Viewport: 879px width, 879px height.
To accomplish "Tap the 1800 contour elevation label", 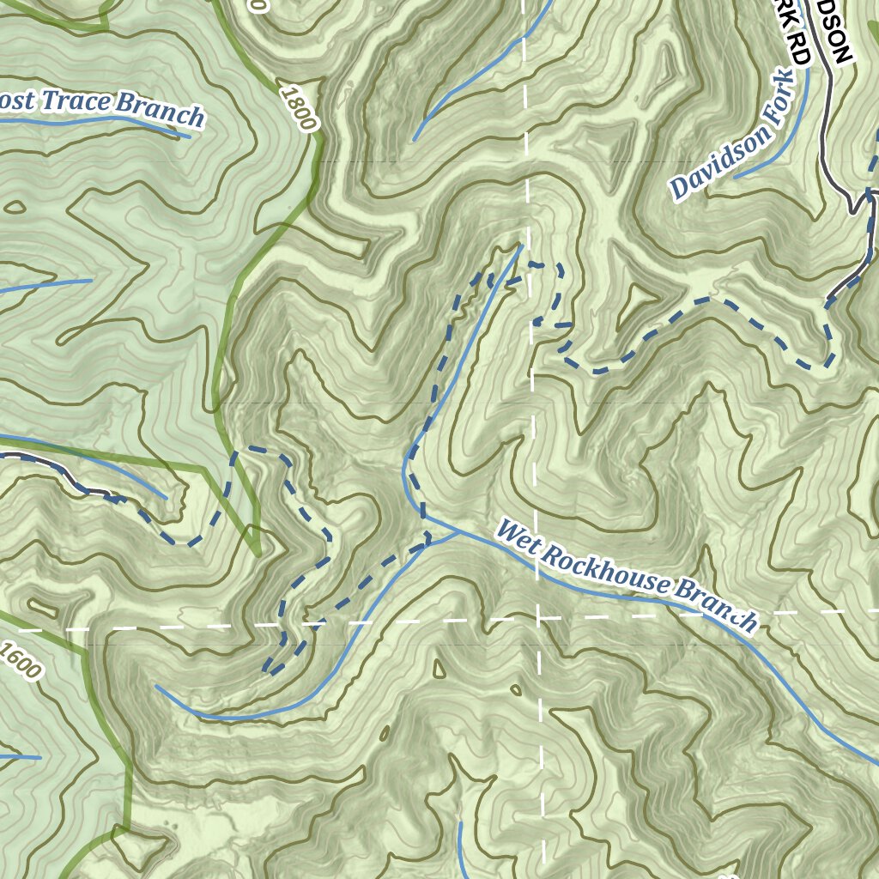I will pos(298,108).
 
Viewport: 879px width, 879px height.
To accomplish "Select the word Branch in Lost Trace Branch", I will pos(161,109).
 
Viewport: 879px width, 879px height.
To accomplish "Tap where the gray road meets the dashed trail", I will pos(830,299).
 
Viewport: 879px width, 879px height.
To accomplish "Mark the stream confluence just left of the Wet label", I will pos(455,531).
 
